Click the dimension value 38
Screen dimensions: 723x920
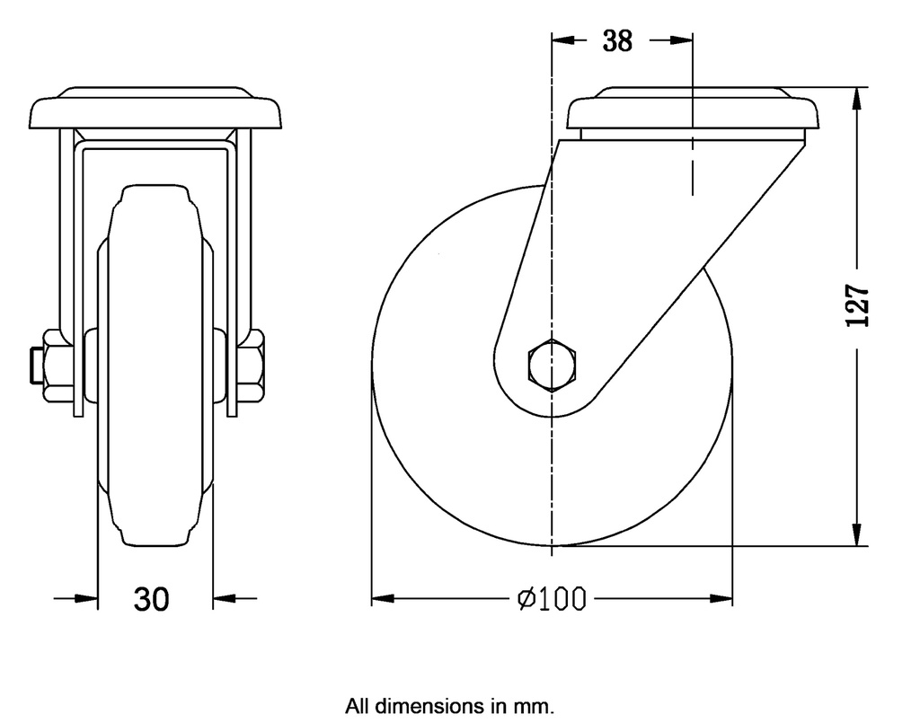point(617,40)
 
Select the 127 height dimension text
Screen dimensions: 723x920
point(859,306)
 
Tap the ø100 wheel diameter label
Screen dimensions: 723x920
point(552,598)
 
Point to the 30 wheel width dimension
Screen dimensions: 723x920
point(151,598)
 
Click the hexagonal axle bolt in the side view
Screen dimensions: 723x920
point(551,365)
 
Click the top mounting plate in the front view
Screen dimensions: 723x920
point(155,111)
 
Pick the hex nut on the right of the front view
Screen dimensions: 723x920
point(251,365)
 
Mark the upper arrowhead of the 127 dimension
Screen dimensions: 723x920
point(859,98)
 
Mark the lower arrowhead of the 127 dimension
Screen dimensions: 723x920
point(859,534)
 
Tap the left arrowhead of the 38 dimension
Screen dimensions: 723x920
point(562,40)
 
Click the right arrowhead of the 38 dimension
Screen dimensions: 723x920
point(682,40)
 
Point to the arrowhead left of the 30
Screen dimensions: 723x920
point(85,598)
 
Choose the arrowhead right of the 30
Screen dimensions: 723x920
point(225,598)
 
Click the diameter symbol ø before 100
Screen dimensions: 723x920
point(527,598)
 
